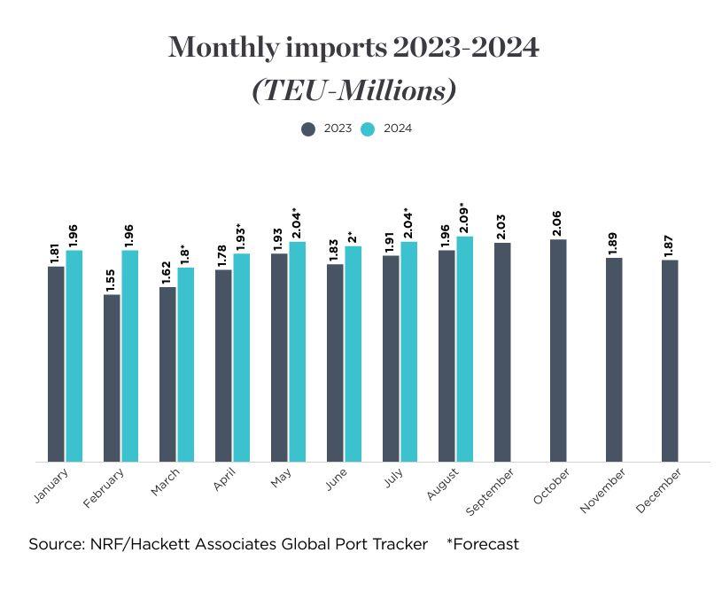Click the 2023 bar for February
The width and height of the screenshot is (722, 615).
tap(112, 378)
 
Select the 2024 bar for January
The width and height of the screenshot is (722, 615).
tap(74, 355)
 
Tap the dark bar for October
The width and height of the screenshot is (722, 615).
tap(558, 350)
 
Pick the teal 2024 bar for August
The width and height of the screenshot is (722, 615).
tap(465, 348)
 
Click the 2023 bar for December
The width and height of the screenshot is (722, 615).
tap(670, 361)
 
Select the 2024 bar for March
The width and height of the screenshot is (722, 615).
tap(186, 364)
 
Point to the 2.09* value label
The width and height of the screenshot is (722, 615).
tap(465, 218)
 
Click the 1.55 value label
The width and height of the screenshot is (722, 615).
tap(112, 279)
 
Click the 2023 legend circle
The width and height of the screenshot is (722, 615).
tap(308, 128)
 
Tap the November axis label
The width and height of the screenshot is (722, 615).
tap(603, 491)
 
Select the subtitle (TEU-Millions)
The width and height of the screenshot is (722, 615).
tap(354, 90)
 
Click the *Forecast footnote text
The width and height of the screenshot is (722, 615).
tap(483, 544)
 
